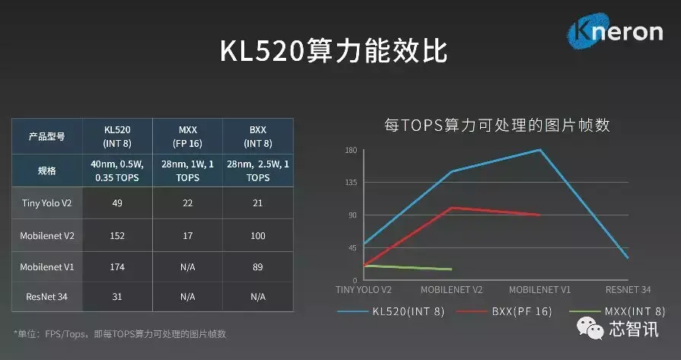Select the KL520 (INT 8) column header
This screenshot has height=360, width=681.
117,137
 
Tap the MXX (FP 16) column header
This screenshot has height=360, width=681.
187,137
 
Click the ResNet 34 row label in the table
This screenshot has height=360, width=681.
47,296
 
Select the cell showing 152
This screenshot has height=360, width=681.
117,236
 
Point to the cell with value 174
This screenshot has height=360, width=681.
117,266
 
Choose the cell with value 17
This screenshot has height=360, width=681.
187,236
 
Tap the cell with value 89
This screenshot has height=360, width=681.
258,266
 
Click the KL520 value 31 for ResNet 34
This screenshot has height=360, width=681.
117,296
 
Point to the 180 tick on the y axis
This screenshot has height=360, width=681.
351,150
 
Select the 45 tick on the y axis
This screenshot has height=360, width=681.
352,248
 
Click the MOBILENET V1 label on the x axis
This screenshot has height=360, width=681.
539,290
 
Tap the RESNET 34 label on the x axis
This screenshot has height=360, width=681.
628,290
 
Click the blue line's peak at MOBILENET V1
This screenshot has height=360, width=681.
540,150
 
